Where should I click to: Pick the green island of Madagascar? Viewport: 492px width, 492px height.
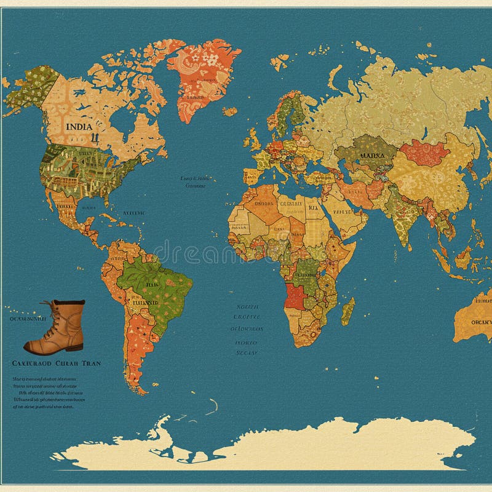[x=348, y=311]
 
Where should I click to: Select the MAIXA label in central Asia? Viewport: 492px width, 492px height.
[x=371, y=156]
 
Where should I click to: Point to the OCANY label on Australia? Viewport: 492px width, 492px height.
[x=480, y=321]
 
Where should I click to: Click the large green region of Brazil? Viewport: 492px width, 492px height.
[x=154, y=283]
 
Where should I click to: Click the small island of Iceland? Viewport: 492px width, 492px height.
[x=230, y=112]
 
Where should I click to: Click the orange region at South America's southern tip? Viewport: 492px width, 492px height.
[x=135, y=375]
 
